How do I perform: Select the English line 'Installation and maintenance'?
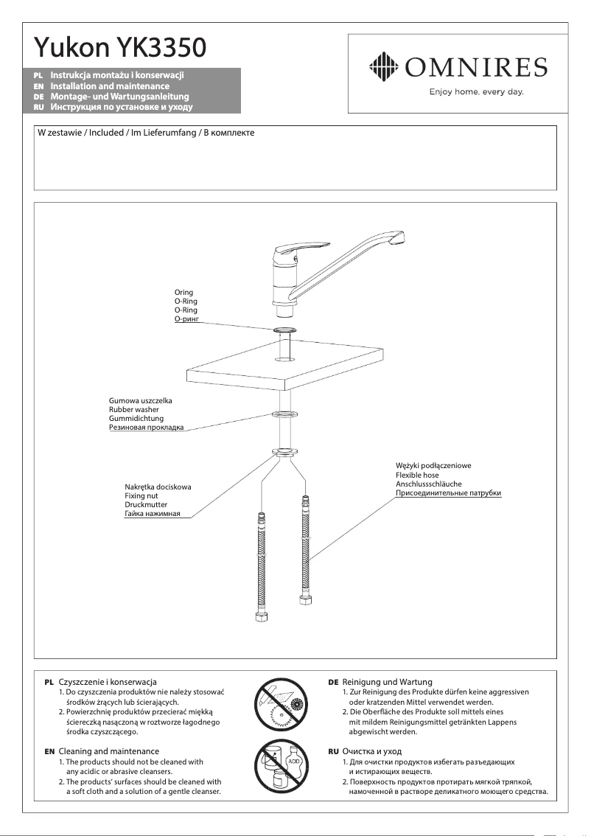(110, 86)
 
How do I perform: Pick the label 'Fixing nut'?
(141, 496)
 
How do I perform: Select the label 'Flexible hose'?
(417, 475)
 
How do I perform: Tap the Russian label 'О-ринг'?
(186, 319)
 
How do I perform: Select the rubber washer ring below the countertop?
(285, 414)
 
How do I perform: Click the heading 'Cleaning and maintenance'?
(108, 751)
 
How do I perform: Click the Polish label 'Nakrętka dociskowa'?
(158, 487)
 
